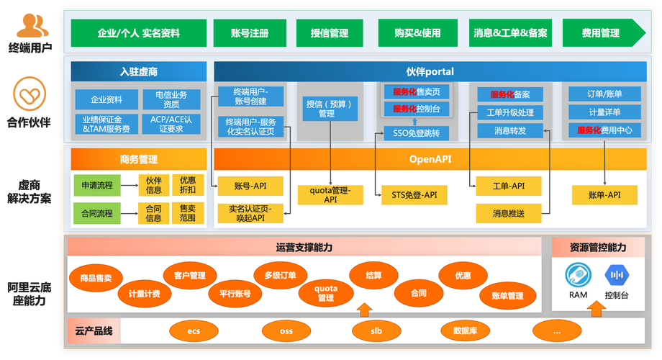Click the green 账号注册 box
pyautogui.click(x=250, y=33)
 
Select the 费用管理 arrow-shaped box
pyautogui.click(x=604, y=33)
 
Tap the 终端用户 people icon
pyautogui.click(x=32, y=25)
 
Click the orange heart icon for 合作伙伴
pyautogui.click(x=29, y=94)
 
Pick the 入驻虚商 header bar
pyautogui.click(x=138, y=71)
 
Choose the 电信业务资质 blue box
pyautogui.click(x=171, y=99)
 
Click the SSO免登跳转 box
pyautogui.click(x=417, y=133)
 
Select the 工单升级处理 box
pyautogui.click(x=510, y=112)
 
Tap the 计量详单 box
pyautogui.click(x=604, y=112)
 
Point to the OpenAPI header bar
pyautogui.click(x=430, y=159)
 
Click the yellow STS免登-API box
pyautogui.click(x=414, y=195)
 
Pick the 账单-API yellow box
pyautogui.click(x=604, y=195)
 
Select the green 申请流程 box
pyautogui.click(x=97, y=185)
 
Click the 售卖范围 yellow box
pyautogui.click(x=188, y=213)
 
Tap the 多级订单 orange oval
pyautogui.click(x=281, y=275)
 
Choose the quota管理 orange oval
pyautogui.click(x=325, y=293)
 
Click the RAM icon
pyautogui.click(x=578, y=275)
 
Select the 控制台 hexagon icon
pyautogui.click(x=617, y=275)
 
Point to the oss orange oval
pyautogui.click(x=286, y=331)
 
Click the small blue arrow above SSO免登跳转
pyautogui.click(x=415, y=122)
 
